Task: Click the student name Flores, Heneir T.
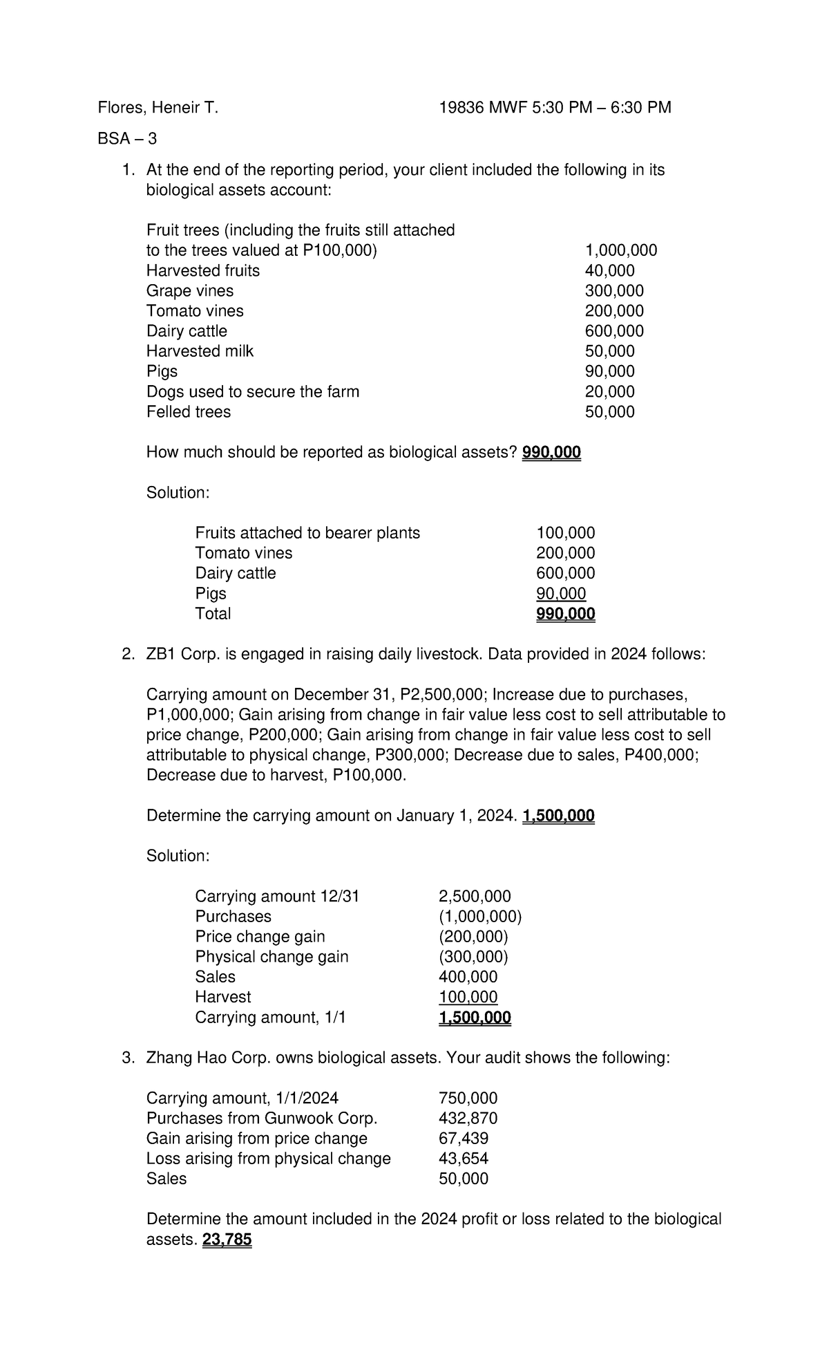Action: (x=158, y=108)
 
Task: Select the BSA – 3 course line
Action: (x=127, y=139)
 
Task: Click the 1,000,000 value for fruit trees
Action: (x=620, y=250)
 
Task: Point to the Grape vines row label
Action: (x=190, y=291)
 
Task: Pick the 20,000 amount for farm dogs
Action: (x=609, y=392)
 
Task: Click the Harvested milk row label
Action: (x=200, y=351)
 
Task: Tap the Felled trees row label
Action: (x=189, y=412)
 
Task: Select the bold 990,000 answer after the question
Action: (x=551, y=453)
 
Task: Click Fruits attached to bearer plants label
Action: (x=307, y=533)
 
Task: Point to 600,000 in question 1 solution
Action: (x=565, y=573)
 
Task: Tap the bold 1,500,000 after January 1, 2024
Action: (x=558, y=816)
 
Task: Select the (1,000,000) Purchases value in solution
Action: (x=480, y=917)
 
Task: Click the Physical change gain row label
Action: (x=271, y=957)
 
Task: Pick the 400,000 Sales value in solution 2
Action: (x=468, y=977)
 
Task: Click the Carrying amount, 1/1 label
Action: (x=270, y=1017)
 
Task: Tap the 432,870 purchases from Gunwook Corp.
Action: (x=468, y=1119)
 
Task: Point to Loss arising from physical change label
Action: (x=268, y=1159)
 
